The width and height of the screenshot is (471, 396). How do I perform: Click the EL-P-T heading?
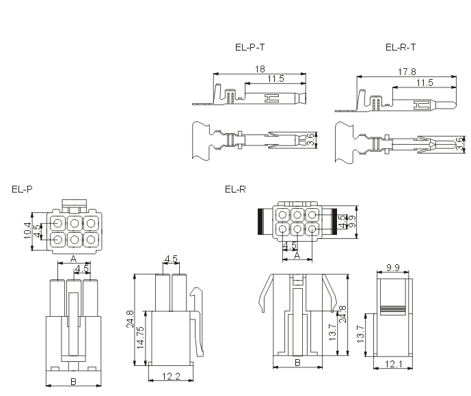pyautogui.click(x=250, y=47)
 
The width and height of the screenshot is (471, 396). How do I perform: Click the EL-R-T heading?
pyautogui.click(x=401, y=47)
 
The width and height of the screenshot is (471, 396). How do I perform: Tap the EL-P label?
pyautogui.click(x=22, y=189)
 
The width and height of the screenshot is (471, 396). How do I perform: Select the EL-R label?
pyautogui.click(x=235, y=189)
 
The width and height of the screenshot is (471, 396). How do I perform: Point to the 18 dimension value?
pyautogui.click(x=260, y=69)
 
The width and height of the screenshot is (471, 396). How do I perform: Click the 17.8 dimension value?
pyautogui.click(x=407, y=72)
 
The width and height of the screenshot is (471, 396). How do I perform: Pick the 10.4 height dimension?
pyautogui.click(x=27, y=231)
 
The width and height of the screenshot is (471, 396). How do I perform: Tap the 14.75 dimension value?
pyautogui.click(x=140, y=337)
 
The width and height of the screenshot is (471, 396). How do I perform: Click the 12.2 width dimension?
pyautogui.click(x=171, y=376)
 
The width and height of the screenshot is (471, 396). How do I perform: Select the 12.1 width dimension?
pyautogui.click(x=394, y=364)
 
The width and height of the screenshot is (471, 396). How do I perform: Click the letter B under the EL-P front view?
pyautogui.click(x=73, y=382)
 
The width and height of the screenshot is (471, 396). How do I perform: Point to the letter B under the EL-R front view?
pyautogui.click(x=297, y=363)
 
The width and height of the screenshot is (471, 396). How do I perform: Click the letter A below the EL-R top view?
pyautogui.click(x=297, y=255)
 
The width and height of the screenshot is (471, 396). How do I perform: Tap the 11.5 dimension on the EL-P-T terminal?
pyautogui.click(x=275, y=79)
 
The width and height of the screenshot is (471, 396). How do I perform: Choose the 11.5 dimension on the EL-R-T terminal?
pyautogui.click(x=425, y=83)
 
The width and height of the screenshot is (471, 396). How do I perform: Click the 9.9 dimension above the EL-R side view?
pyautogui.click(x=393, y=268)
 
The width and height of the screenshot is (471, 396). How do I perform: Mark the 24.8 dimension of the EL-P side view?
pyautogui.click(x=130, y=319)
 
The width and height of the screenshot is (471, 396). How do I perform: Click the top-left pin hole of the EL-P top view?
pyautogui.click(x=58, y=223)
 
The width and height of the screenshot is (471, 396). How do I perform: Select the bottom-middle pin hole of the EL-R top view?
pyautogui.click(x=297, y=229)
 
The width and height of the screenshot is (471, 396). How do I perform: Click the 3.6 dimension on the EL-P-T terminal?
pyautogui.click(x=310, y=139)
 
